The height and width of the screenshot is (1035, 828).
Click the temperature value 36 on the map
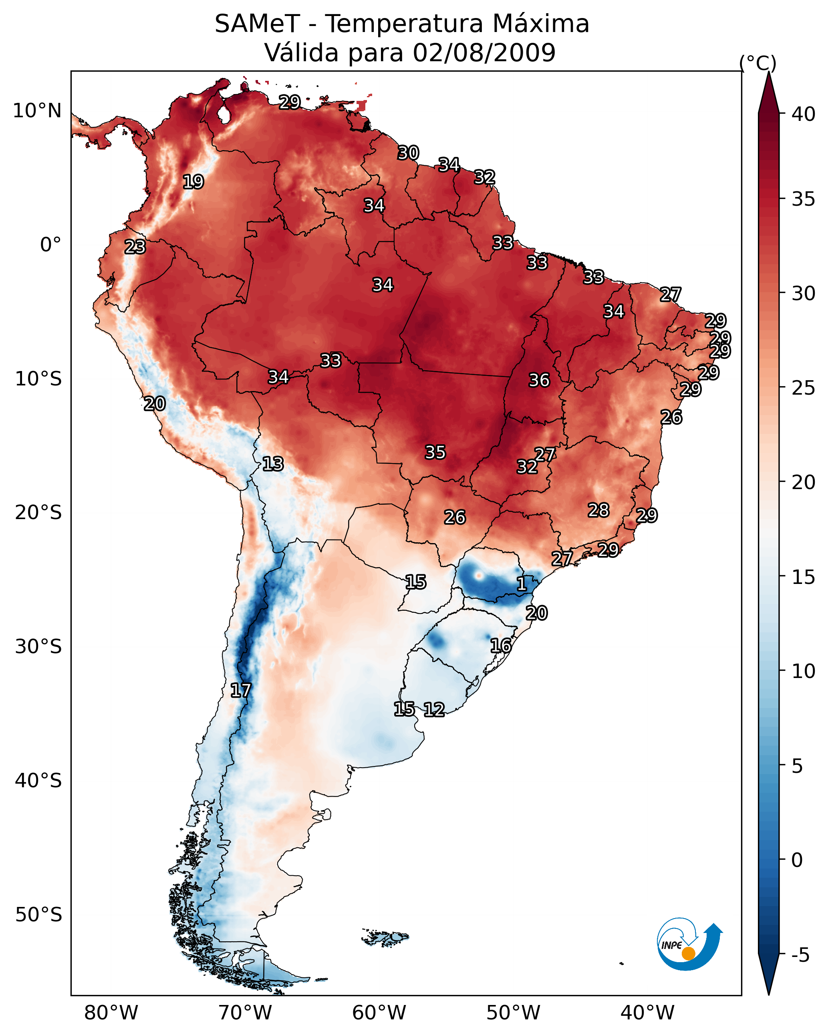click(x=539, y=380)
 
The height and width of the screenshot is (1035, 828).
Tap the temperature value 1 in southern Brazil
click(x=522, y=584)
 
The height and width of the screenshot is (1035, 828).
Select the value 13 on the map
click(x=273, y=464)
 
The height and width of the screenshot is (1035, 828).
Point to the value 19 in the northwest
click(x=193, y=182)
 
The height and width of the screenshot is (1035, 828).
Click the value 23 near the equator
click(x=135, y=247)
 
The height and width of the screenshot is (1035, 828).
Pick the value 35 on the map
click(x=435, y=452)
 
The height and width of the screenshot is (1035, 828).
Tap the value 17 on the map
click(x=241, y=690)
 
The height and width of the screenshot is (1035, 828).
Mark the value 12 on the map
click(x=434, y=710)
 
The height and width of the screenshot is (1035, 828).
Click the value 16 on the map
click(x=501, y=646)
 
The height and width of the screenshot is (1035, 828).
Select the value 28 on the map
click(x=598, y=510)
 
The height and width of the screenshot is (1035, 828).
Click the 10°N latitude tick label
click(x=37, y=111)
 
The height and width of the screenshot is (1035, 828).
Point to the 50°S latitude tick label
click(x=38, y=915)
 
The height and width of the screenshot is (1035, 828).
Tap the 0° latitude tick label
click(x=50, y=245)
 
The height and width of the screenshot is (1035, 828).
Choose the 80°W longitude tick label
click(x=111, y=1013)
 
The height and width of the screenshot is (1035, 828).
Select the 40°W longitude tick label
click(x=647, y=1013)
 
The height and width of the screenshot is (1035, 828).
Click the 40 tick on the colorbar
click(x=803, y=114)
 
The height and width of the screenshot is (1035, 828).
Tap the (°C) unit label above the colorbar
click(x=757, y=63)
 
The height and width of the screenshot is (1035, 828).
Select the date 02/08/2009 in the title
click(x=484, y=53)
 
